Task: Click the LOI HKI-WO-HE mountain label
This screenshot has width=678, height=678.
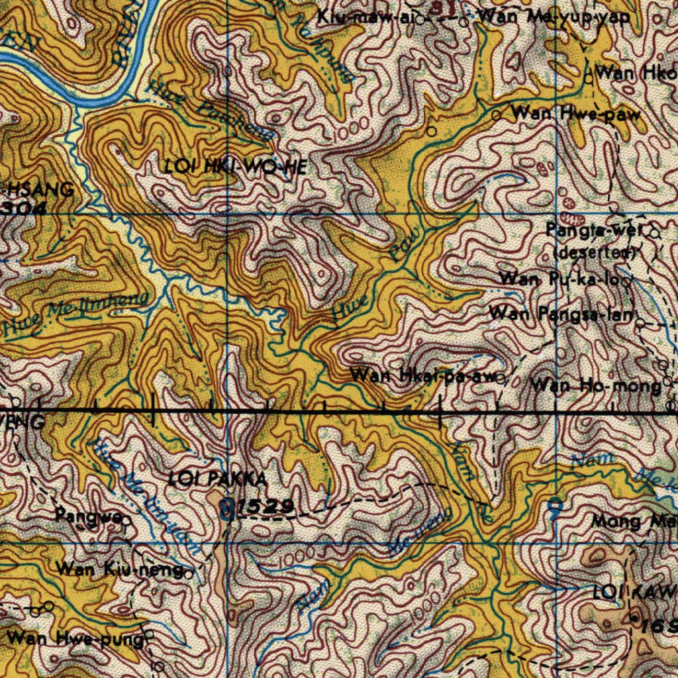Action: [236, 167]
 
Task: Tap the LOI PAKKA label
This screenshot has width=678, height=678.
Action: [218, 479]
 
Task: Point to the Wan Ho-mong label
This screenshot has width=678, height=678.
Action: [595, 385]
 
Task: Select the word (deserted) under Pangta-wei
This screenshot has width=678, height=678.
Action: [595, 252]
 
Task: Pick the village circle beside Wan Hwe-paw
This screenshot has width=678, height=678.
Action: [497, 115]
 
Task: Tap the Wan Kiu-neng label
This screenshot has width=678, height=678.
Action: [119, 568]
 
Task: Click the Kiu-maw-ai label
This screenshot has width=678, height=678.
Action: [364, 17]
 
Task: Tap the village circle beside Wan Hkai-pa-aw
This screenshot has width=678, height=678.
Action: [501, 379]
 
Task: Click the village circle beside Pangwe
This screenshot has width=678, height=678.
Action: [124, 520]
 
